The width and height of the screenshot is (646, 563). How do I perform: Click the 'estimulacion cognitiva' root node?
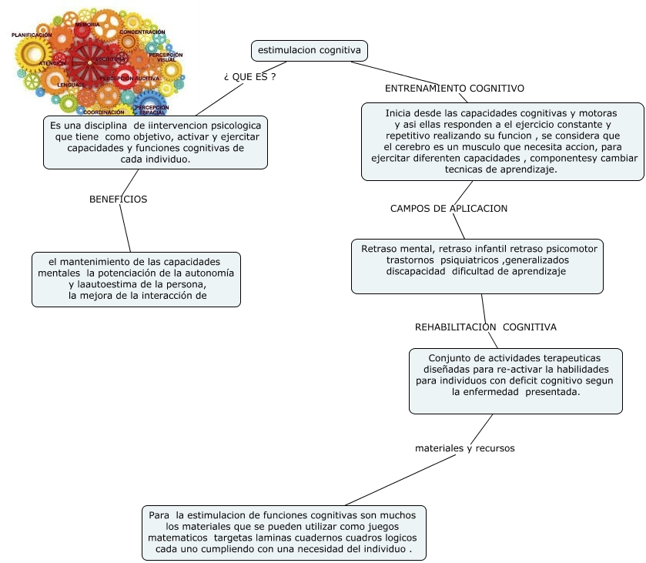[x=310, y=51]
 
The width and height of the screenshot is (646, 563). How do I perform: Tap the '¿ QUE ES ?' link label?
[x=249, y=77]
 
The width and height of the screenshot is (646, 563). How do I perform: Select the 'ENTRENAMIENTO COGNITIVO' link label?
[x=454, y=89]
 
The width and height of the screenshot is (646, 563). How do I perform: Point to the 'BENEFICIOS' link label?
[x=118, y=199]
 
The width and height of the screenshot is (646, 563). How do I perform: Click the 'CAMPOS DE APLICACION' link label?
[x=449, y=208]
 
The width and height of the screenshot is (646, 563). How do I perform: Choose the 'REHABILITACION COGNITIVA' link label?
[x=485, y=327]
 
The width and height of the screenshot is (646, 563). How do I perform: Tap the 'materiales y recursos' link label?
[x=464, y=447]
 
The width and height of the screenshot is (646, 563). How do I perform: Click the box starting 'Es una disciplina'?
[x=156, y=142]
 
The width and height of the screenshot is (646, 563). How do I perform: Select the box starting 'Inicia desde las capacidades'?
[x=503, y=142]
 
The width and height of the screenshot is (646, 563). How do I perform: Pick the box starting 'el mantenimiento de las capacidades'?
[x=136, y=279]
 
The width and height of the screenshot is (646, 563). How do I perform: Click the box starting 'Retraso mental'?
[x=477, y=266]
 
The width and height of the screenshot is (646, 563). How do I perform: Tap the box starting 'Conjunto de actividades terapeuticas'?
[x=515, y=380]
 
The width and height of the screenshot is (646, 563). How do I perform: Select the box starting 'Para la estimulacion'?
[x=284, y=532]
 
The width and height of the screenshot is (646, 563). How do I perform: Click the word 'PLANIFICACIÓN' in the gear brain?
[x=32, y=35]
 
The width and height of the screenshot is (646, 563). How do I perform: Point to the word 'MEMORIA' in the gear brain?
[x=87, y=25]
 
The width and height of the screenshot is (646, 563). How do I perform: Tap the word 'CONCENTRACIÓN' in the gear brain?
[x=142, y=32]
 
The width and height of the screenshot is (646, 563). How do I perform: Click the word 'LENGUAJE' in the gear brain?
[x=71, y=85]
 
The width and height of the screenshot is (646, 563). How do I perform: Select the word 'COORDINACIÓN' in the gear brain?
[x=103, y=112]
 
